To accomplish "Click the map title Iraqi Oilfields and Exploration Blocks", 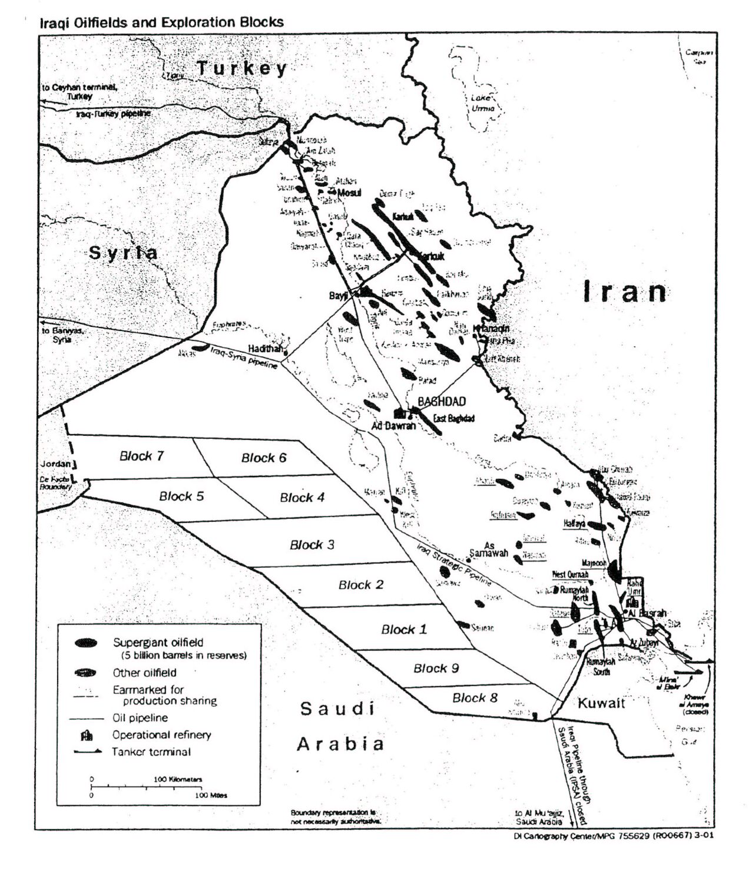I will click(x=161, y=23).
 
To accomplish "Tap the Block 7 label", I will click(x=141, y=456).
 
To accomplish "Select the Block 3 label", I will click(x=312, y=545).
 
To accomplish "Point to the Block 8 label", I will click(x=475, y=698).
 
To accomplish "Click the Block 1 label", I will click(x=403, y=630).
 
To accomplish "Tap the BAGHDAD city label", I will click(x=441, y=402).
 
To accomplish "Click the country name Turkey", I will click(x=241, y=68).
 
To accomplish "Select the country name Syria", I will click(x=123, y=253).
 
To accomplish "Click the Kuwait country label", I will click(x=601, y=703).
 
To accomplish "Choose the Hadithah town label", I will click(x=265, y=348).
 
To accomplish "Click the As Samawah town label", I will click(x=488, y=550).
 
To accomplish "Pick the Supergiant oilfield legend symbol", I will click(x=86, y=643).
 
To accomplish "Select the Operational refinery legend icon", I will click(x=86, y=735).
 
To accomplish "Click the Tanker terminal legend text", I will click(x=151, y=752).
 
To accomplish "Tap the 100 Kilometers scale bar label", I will click(x=178, y=779).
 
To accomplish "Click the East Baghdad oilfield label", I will click(x=453, y=418).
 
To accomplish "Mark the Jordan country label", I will click(x=55, y=464).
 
